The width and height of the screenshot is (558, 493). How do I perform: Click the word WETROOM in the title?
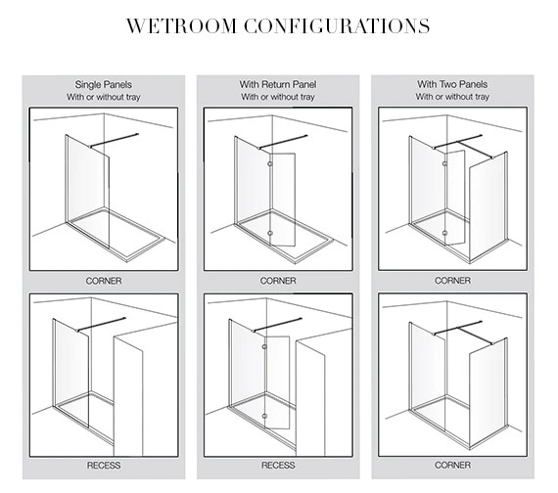click(x=181, y=26)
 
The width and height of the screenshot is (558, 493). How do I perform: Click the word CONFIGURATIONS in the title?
click(x=337, y=26)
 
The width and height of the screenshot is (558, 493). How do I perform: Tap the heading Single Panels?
click(x=104, y=85)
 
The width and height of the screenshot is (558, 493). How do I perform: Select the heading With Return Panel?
click(x=278, y=84)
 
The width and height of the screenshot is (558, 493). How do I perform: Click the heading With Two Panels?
click(x=452, y=84)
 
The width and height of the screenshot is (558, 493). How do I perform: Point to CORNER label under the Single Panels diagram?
click(x=104, y=281)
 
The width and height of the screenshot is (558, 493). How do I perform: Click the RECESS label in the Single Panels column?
click(x=104, y=466)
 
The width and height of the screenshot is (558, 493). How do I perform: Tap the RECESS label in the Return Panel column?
click(x=278, y=466)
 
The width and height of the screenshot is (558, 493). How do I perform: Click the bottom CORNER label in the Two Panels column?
click(x=452, y=465)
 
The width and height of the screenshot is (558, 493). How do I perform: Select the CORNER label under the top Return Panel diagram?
click(x=278, y=281)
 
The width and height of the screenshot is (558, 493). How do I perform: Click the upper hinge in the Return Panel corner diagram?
click(x=270, y=164)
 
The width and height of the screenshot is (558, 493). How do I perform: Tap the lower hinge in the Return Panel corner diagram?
click(x=270, y=234)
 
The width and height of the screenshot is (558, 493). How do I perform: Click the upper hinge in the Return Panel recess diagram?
click(x=264, y=347)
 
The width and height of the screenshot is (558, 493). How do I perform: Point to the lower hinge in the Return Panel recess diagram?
click(x=264, y=416)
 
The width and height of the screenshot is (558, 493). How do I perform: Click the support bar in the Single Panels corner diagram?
click(x=114, y=140)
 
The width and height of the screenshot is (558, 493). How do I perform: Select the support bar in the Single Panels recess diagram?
click(x=102, y=325)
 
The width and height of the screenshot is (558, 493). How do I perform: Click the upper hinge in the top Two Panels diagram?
click(x=444, y=163)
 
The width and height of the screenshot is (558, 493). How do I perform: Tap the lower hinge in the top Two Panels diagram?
click(x=444, y=233)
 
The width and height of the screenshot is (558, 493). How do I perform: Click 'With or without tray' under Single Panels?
click(x=104, y=97)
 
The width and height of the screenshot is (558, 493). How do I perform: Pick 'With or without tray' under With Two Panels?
click(x=452, y=97)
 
